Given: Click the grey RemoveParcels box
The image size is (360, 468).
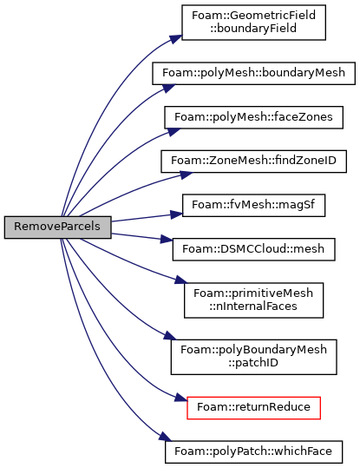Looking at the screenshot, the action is point(57,227).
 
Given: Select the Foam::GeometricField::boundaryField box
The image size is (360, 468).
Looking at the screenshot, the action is point(253,23).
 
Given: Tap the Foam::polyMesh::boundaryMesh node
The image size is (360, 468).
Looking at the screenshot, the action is point(253,74).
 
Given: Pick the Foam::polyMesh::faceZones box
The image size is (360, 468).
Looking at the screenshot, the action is point(253,117).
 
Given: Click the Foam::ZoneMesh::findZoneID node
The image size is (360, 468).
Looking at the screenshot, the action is point(253,161).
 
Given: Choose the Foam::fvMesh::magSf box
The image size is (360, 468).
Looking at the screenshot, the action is point(253,206).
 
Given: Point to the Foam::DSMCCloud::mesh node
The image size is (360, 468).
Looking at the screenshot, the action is point(253,249).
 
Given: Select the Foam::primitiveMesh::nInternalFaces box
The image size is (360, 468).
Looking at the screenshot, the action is point(253,300).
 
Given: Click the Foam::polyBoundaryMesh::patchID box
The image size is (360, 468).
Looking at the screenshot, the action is point(253,357).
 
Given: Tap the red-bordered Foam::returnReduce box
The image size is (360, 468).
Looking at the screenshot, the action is point(253,408).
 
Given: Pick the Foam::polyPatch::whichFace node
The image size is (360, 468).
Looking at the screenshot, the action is point(253,452).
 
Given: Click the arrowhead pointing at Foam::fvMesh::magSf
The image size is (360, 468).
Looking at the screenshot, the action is point(176,214).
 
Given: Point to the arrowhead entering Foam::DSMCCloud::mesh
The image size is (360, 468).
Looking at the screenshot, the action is point(167,239).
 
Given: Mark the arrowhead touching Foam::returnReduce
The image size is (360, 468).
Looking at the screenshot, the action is point(181,398).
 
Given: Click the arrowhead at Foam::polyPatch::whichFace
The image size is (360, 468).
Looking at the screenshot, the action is point(165,437).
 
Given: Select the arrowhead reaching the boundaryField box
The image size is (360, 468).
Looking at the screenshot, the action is point(176,39).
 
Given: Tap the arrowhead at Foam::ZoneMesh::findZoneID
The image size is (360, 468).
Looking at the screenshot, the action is point(187,175).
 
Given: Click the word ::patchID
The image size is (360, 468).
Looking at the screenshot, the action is point(253,363).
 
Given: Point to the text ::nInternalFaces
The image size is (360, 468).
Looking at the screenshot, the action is point(253,307).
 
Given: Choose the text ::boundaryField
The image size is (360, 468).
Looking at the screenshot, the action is point(253,29).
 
